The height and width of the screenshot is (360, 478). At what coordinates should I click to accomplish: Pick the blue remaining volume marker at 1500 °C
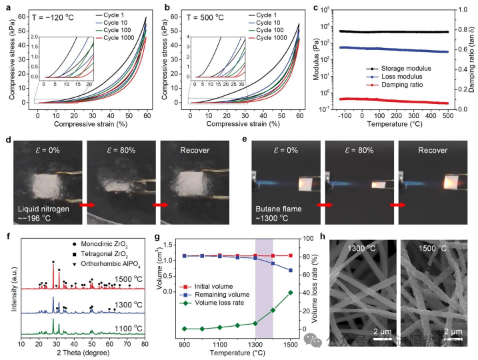290,270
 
